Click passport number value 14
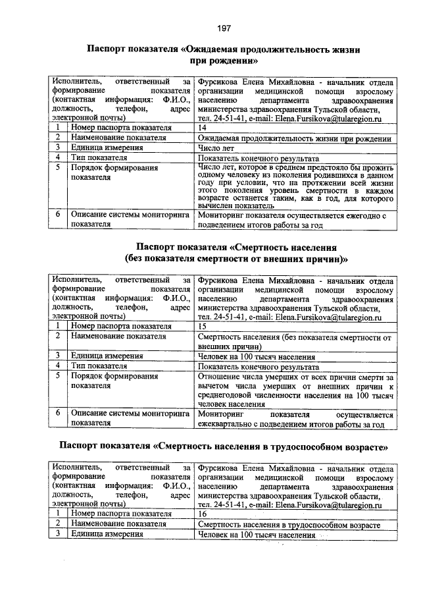point(203,127)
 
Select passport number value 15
point(203,326)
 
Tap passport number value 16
point(203,514)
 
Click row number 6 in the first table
point(58,215)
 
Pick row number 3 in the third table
point(58,535)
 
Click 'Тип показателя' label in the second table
point(99,366)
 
